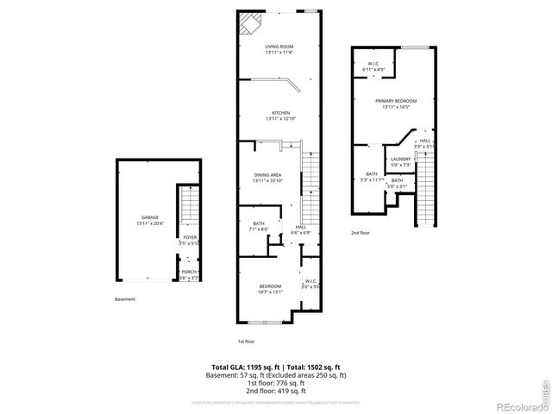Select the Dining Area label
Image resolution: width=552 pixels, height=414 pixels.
tap(267, 177)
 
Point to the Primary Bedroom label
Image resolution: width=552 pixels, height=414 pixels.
tap(394, 103)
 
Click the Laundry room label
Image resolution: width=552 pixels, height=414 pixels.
tap(400, 161)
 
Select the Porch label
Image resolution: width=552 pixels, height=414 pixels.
tap(189, 274)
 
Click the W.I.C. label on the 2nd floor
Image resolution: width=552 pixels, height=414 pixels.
tap(373, 66)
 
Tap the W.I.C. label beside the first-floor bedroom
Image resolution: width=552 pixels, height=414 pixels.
tap(310, 283)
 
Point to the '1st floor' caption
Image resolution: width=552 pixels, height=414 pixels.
tap(247, 341)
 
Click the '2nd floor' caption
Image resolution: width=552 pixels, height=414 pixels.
tap(361, 233)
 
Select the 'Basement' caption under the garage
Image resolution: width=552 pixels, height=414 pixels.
tap(125, 299)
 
